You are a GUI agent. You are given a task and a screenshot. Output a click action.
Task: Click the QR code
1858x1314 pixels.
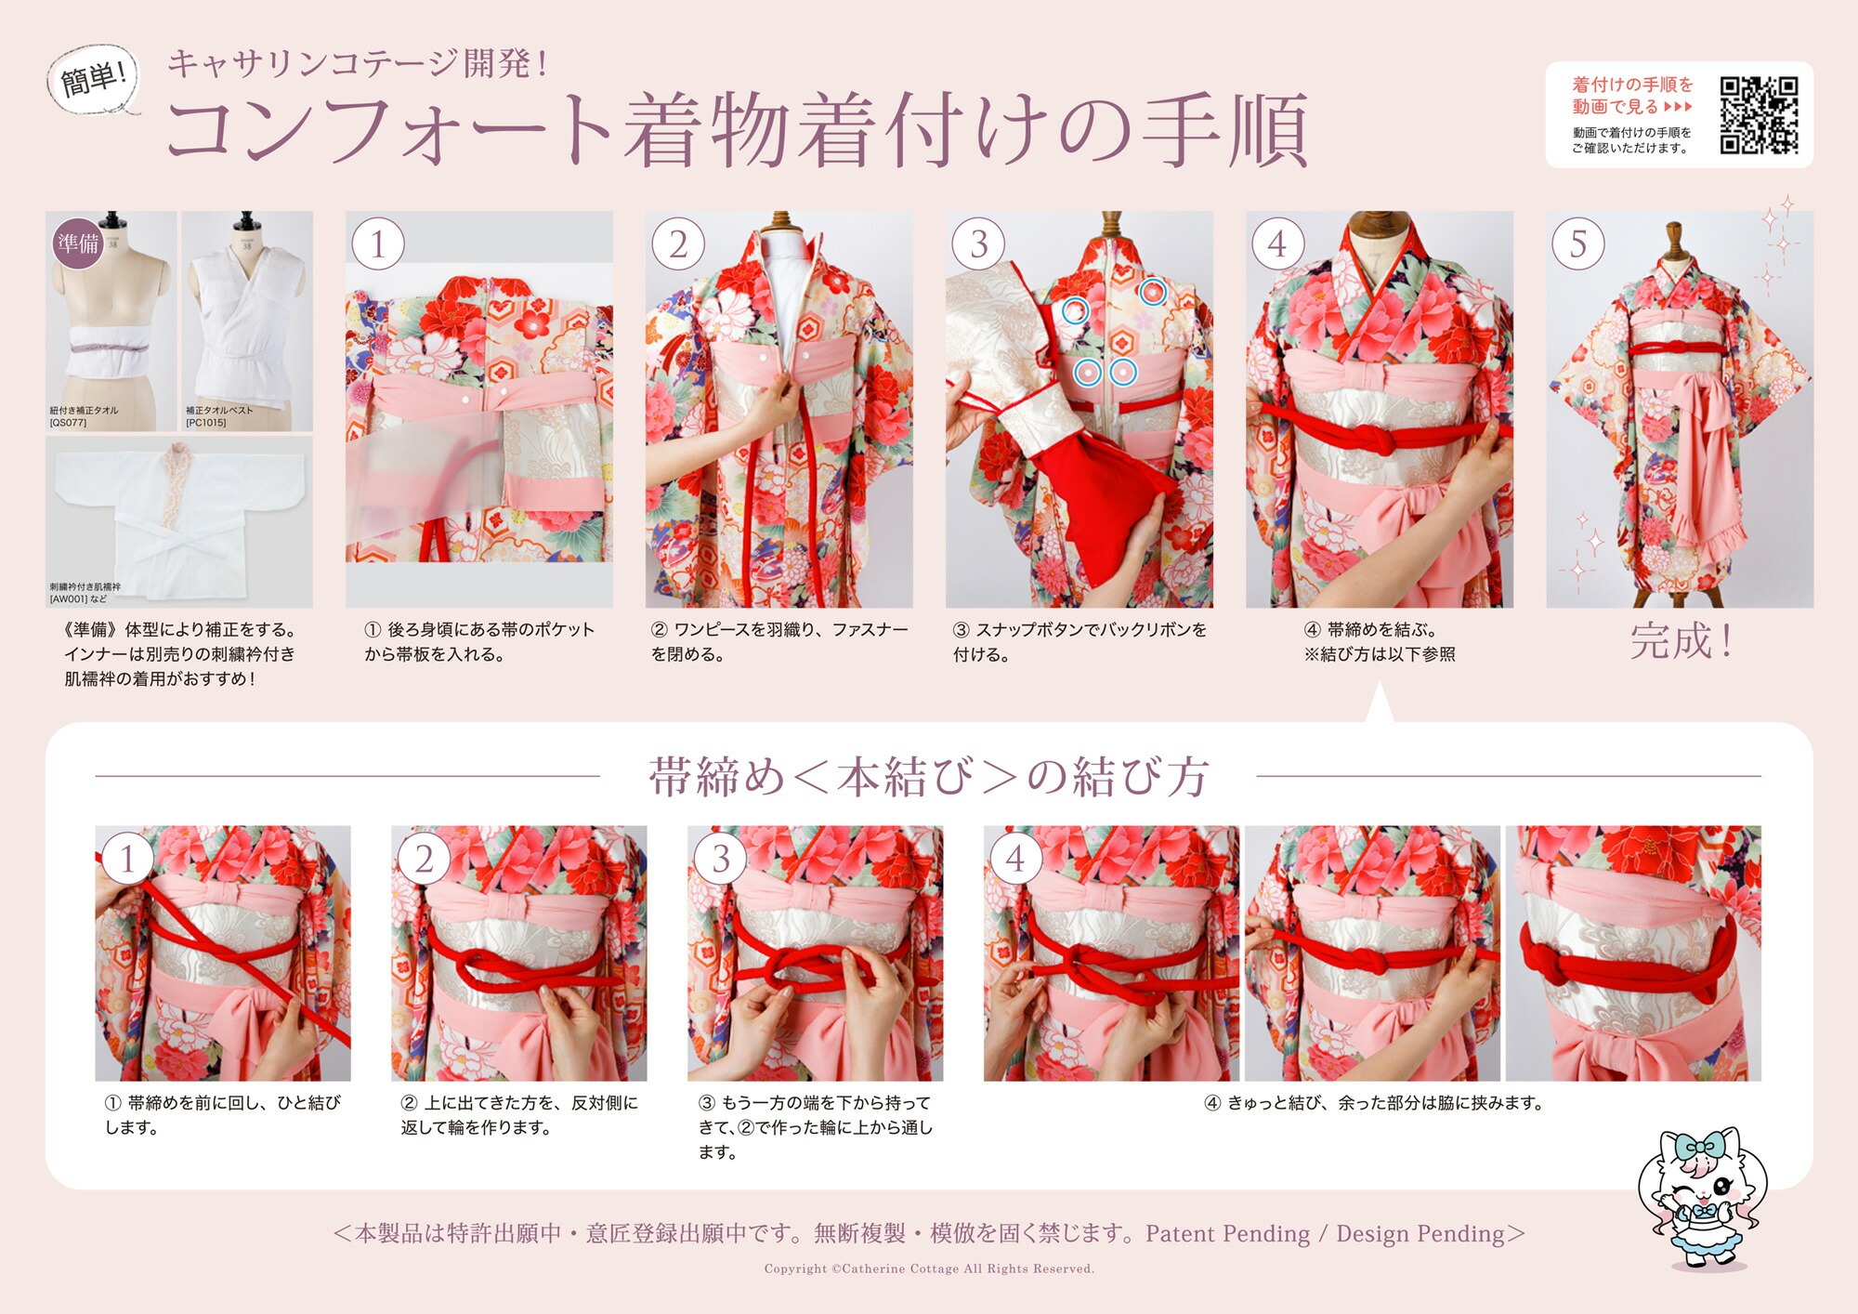[1759, 114]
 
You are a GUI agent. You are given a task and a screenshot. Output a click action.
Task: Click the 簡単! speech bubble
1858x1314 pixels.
[92, 80]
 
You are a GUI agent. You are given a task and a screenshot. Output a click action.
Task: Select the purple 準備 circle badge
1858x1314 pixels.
[78, 243]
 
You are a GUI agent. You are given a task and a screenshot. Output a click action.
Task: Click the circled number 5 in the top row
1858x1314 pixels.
[1577, 243]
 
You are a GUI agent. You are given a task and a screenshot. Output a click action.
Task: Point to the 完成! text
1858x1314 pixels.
[1681, 641]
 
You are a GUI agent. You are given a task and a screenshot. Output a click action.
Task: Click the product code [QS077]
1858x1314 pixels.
[68, 423]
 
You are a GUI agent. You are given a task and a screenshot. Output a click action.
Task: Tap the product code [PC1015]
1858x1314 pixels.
[206, 423]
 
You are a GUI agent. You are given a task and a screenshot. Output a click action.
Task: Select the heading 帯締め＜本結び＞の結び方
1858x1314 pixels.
[929, 777]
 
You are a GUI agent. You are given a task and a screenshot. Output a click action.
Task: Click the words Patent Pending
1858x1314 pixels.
[1227, 1233]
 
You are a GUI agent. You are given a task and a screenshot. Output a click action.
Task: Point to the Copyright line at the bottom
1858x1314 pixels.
[929, 1268]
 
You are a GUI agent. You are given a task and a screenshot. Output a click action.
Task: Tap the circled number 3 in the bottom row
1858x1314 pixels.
[719, 859]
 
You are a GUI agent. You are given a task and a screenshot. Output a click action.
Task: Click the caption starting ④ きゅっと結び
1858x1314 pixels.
[1374, 1103]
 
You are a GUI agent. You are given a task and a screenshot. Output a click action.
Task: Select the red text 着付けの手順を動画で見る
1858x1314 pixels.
[1632, 96]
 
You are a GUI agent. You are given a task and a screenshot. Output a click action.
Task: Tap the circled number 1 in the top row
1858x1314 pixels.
[377, 243]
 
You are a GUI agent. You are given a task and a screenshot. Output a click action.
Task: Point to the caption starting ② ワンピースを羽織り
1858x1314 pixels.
[779, 641]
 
